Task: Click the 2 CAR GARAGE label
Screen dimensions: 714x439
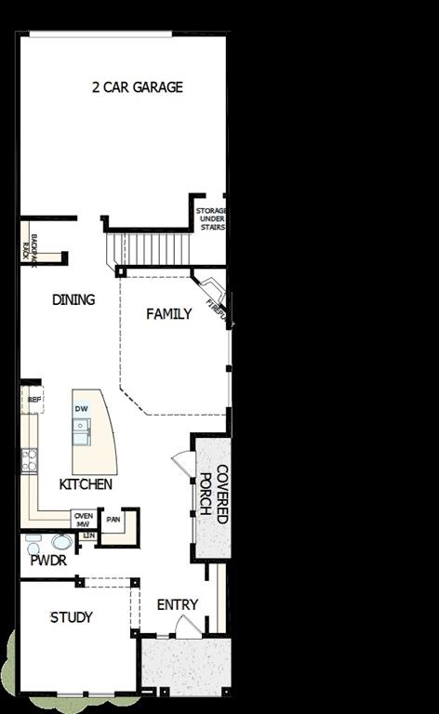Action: (x=137, y=87)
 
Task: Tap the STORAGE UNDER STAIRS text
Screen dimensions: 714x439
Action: (x=211, y=219)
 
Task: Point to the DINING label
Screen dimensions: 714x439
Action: (x=73, y=299)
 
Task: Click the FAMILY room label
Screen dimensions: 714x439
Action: (x=169, y=314)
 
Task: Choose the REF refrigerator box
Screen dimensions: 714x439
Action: (x=34, y=400)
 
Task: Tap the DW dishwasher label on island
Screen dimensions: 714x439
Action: (x=82, y=409)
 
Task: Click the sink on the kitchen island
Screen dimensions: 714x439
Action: (x=82, y=428)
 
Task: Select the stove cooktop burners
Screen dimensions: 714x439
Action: (x=30, y=458)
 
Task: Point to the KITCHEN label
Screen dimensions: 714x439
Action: (x=86, y=484)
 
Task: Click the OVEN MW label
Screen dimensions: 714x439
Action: (x=84, y=520)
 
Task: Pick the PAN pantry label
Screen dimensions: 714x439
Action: (x=113, y=519)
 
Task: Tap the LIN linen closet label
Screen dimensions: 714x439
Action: (x=88, y=535)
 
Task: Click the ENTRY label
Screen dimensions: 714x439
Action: (x=177, y=604)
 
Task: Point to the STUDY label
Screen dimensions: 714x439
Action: (x=72, y=617)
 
